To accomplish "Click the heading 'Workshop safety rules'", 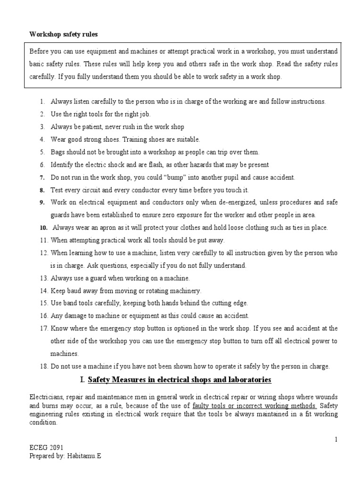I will (64, 34).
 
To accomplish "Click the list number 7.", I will (42, 177).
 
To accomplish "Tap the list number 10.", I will (43, 228).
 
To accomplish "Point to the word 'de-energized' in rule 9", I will (226, 202).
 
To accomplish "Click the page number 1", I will (336, 439).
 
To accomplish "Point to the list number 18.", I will (43, 366).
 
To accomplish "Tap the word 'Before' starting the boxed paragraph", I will (39, 51).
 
